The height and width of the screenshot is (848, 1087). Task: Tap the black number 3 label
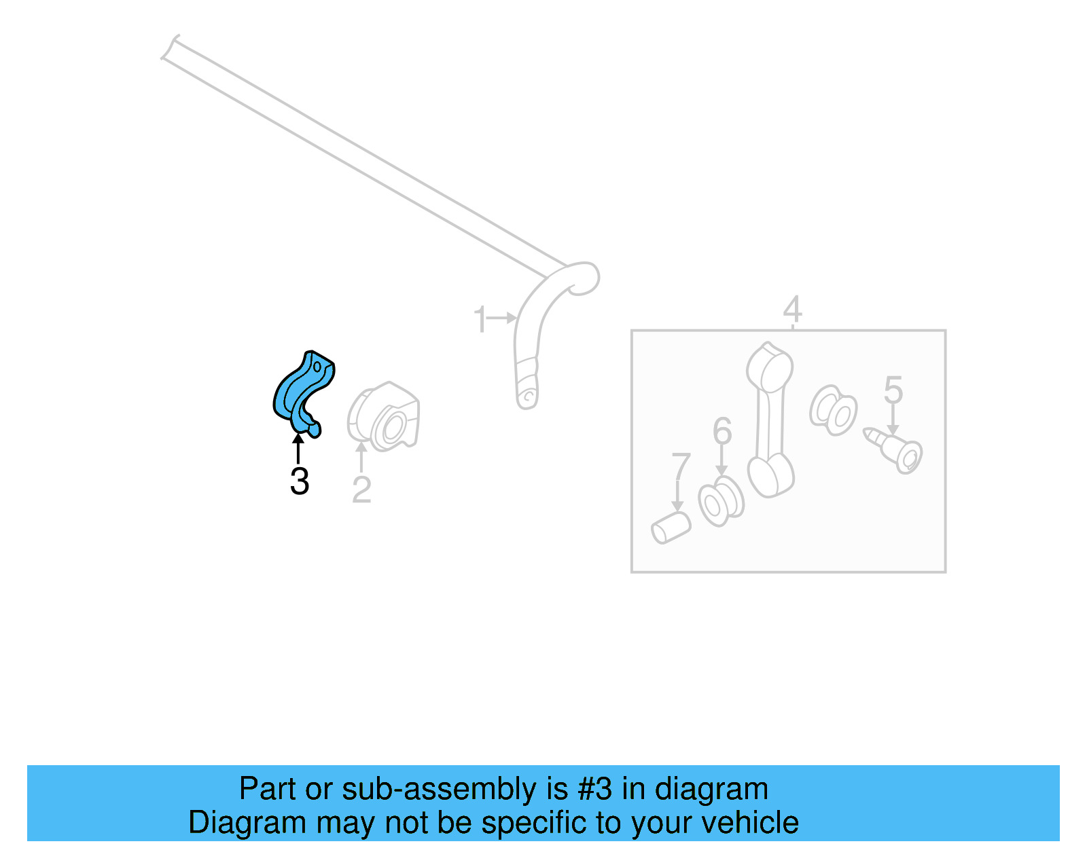pyautogui.click(x=299, y=481)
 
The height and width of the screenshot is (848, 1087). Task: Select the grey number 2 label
pyautogui.click(x=361, y=490)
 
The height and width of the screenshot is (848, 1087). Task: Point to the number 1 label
pyautogui.click(x=480, y=319)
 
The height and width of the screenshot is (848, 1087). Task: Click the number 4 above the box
pyautogui.click(x=792, y=310)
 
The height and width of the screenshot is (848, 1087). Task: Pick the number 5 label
pyautogui.click(x=893, y=390)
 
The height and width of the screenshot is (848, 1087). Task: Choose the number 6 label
pyautogui.click(x=722, y=431)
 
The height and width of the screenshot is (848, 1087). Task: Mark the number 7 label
pyautogui.click(x=680, y=468)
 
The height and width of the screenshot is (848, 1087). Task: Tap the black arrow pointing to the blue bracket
pyautogui.click(x=298, y=449)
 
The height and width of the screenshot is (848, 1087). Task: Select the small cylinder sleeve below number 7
pyautogui.click(x=671, y=528)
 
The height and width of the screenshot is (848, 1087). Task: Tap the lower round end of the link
pyautogui.click(x=770, y=476)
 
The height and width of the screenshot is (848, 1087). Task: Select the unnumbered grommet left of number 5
pyautogui.click(x=833, y=410)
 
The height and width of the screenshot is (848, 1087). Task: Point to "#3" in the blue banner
pyautogui.click(x=594, y=789)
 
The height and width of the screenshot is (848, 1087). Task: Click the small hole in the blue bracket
pyautogui.click(x=317, y=367)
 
